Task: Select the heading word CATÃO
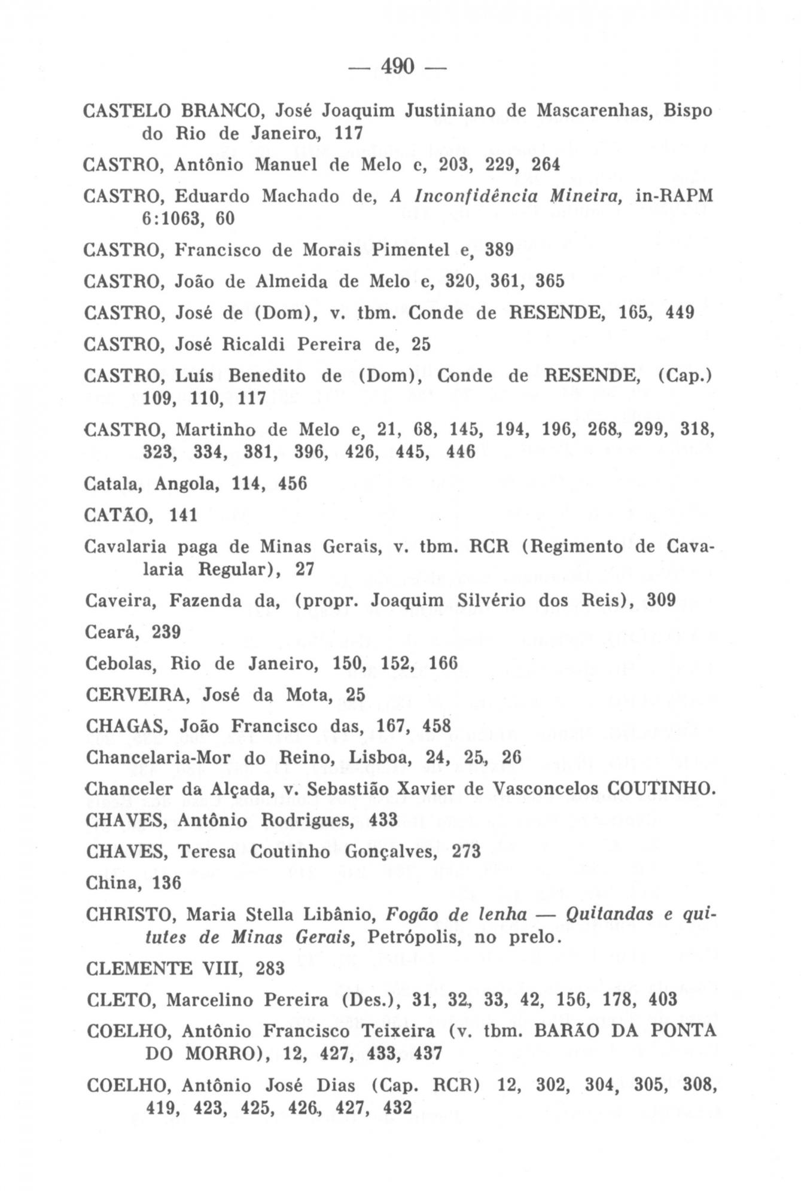pyautogui.click(x=120, y=515)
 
